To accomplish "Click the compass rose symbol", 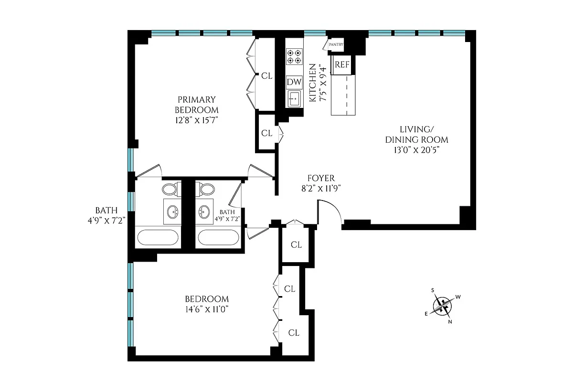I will click(443, 306).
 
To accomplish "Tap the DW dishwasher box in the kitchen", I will click(294, 82).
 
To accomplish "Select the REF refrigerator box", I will click(342, 65).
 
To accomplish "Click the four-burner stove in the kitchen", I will click(294, 57).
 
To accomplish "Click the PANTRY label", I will click(336, 44).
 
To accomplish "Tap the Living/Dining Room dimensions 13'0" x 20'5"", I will click(417, 150).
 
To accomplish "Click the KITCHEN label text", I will click(312, 83).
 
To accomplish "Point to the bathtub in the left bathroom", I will click(158, 237).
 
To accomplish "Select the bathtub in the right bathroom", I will click(219, 237).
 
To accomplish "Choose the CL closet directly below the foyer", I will click(296, 245).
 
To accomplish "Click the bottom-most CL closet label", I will click(294, 333).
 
